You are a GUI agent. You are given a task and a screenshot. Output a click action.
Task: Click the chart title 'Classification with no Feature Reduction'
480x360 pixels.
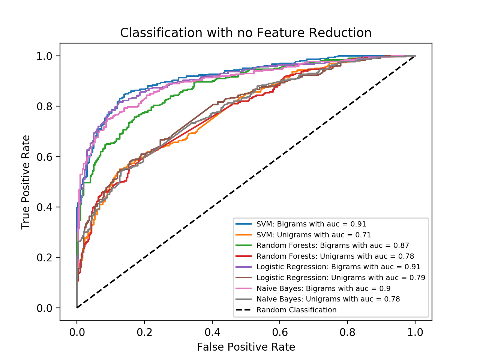246,33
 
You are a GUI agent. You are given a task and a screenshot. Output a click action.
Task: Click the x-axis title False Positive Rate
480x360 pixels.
246,347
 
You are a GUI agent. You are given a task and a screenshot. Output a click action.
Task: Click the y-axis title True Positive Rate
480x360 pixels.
25,182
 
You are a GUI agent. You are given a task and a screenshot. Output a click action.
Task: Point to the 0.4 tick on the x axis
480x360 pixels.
212,332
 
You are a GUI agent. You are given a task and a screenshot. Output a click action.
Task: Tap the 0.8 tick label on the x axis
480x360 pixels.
347,332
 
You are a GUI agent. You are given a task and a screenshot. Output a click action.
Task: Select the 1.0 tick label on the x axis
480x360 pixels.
415,332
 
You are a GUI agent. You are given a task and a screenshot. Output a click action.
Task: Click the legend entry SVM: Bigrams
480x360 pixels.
311,224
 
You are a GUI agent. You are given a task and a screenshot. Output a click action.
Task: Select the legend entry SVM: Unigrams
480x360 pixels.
313,235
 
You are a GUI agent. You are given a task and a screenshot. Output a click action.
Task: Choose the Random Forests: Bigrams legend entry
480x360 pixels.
333,246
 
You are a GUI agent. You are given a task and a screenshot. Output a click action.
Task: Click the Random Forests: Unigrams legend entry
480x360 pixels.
335,256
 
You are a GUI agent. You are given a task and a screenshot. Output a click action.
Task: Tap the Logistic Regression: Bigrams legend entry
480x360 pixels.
338,267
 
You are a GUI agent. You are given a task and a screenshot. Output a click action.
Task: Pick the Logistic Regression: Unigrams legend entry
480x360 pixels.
341,278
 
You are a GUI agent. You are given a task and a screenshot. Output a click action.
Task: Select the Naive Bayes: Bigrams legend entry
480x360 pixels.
323,288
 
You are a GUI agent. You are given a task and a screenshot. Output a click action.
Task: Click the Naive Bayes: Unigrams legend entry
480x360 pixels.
328,299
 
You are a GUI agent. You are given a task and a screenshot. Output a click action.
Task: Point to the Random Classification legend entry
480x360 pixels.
296,310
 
